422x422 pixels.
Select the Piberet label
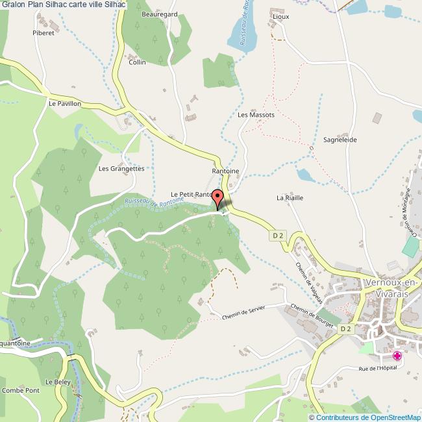point(43,32)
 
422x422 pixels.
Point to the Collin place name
point(137,62)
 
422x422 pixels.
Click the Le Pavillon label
point(64,103)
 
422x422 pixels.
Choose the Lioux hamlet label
point(281,18)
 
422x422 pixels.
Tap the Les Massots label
point(256,114)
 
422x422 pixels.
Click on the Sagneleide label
point(340,140)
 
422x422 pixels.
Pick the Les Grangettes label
point(121,168)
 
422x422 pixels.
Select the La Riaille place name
point(290,197)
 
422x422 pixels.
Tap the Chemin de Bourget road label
point(312,316)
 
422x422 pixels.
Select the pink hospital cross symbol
point(397,356)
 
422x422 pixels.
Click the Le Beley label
point(58,382)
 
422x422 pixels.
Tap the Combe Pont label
point(20,390)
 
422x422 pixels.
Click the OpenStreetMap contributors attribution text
point(364,417)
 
